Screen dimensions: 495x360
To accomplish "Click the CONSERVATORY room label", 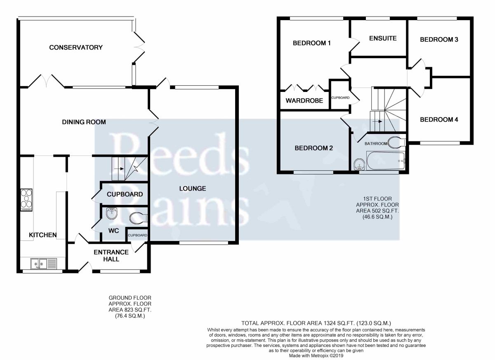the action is pyautogui.click(x=76, y=47).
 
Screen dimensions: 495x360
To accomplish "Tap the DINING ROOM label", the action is pyautogui.click(x=84, y=122).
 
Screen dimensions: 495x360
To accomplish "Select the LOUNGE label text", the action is pyautogui.click(x=193, y=188).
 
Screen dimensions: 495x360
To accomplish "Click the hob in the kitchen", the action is pyautogui.click(x=26, y=200).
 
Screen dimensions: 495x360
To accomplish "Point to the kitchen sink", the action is pyautogui.click(x=44, y=264).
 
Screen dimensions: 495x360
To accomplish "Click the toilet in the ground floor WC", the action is pyautogui.click(x=139, y=218).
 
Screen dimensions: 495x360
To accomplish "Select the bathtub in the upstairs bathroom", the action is pyautogui.click(x=385, y=160).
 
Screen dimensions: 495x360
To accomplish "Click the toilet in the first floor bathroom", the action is pyautogui.click(x=397, y=142).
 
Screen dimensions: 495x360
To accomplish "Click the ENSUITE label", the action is pyautogui.click(x=383, y=38).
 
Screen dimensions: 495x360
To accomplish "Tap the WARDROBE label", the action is pyautogui.click(x=304, y=101).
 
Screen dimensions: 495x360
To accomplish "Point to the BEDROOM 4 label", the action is pyautogui.click(x=439, y=120).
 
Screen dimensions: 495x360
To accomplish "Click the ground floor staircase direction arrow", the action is pyautogui.click(x=120, y=169).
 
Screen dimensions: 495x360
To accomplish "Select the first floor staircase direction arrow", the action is pyautogui.click(x=378, y=122).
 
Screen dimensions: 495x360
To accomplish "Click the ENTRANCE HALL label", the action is pyautogui.click(x=111, y=256).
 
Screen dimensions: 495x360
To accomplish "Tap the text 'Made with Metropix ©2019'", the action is pyautogui.click(x=316, y=356).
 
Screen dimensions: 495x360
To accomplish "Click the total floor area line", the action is pyautogui.click(x=316, y=323).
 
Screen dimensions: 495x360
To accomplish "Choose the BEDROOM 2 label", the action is pyautogui.click(x=313, y=148).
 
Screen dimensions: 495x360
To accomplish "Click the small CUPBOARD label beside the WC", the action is pyautogui.click(x=137, y=235).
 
